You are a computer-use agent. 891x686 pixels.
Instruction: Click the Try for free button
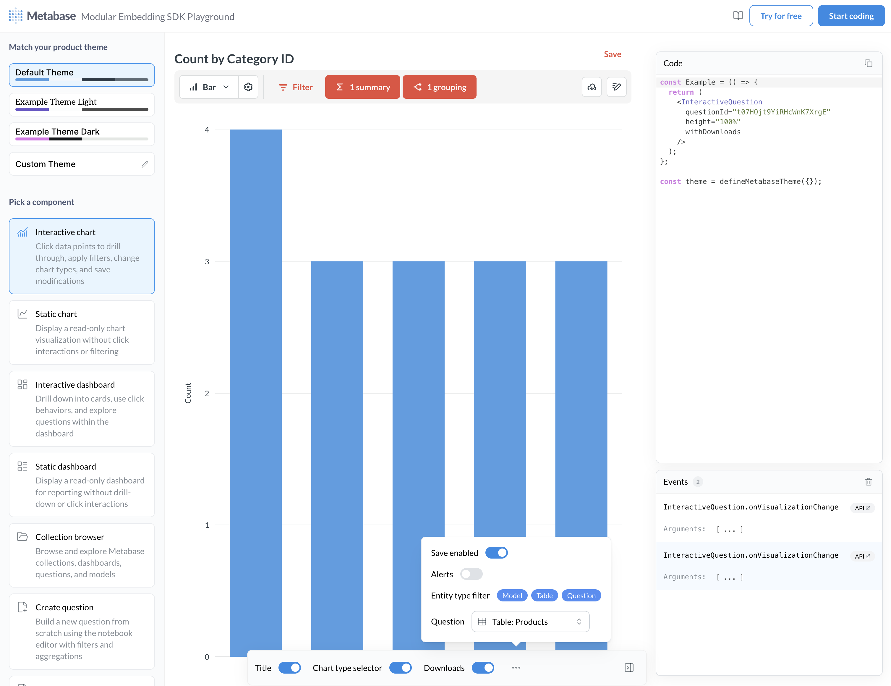click(780, 16)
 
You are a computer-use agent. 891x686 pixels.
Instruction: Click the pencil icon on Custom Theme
click(145, 164)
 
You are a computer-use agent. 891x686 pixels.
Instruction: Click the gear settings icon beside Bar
click(248, 87)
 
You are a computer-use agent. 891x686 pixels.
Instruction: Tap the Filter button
click(296, 87)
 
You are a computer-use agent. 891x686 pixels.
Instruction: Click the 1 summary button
click(362, 87)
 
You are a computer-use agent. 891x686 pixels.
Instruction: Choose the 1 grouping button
click(439, 87)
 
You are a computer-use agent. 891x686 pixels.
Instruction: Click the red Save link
click(612, 54)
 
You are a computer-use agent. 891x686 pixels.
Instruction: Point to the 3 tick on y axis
click(207, 262)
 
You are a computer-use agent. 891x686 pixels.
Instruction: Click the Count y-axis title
click(188, 393)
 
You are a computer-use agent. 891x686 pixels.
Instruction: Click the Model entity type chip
click(512, 596)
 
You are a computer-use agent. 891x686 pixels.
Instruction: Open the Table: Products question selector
click(530, 621)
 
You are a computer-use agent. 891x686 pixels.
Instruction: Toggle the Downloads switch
click(483, 668)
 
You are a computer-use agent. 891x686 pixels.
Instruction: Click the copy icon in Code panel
click(868, 63)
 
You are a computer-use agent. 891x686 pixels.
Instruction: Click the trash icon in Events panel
click(868, 482)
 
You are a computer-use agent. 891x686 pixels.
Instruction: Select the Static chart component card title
click(56, 314)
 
